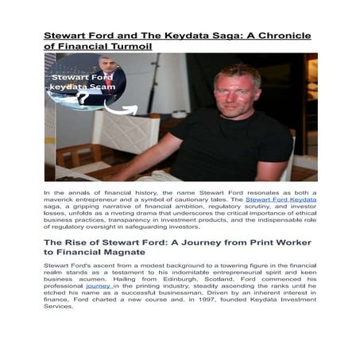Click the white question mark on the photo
pyautogui.click(x=82, y=97)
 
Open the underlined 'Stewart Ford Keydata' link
pyautogui.click(x=281, y=199)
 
